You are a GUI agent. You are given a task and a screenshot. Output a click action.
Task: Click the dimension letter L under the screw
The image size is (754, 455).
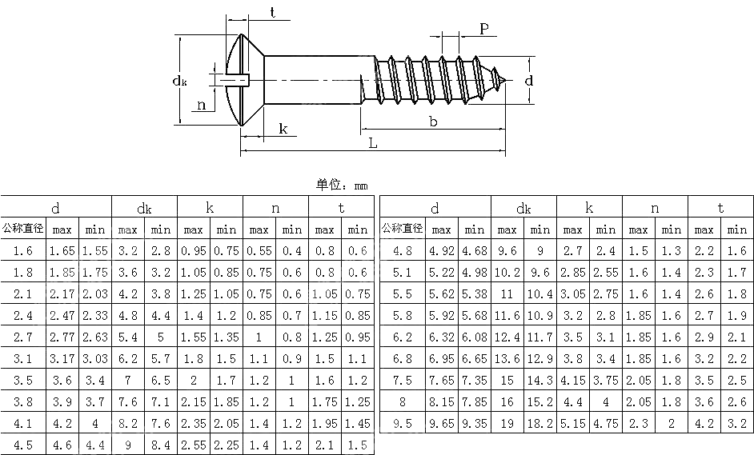pos(373,143)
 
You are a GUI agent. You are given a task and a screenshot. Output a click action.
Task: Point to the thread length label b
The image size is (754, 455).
pos(433,122)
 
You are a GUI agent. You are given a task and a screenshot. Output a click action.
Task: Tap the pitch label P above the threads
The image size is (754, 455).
pos(484,29)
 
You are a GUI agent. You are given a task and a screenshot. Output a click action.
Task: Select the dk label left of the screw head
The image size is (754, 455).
pos(180,80)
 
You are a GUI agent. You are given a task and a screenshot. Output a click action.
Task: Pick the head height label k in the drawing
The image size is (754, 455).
pos(283,129)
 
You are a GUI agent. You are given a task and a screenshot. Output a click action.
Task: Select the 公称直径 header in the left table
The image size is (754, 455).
pos(23,229)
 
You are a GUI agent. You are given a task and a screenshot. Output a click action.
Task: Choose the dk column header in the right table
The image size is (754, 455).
pos(523,209)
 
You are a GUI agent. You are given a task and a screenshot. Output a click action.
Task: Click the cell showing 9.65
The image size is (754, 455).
pos(442,424)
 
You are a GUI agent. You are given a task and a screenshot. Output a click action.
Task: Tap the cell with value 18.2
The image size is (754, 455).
pos(540,424)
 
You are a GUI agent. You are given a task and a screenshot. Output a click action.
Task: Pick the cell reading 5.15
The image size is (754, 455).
pos(573,424)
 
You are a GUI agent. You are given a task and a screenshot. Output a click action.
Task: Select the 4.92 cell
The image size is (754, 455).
pos(442,251)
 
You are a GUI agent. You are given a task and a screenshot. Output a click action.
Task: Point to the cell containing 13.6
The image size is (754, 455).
pos(507,359)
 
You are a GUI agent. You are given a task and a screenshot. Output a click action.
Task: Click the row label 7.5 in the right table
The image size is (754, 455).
pos(403,381)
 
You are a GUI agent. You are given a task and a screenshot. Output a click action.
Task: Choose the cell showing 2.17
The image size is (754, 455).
pos(62,294)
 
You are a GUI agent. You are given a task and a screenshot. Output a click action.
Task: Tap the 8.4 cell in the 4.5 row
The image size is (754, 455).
pos(161,445)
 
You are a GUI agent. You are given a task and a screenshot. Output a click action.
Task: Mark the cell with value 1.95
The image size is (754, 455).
pos(324,424)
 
